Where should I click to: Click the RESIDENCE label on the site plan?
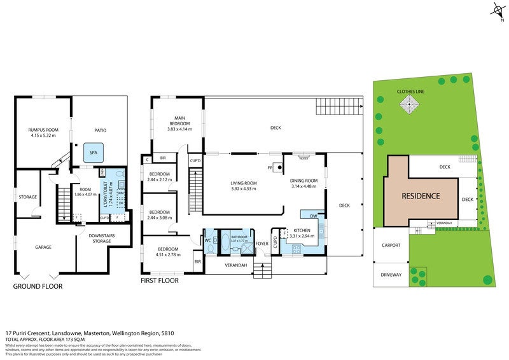[420, 195]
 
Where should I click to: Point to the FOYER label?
[262, 243]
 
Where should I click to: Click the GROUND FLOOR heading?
[38, 287]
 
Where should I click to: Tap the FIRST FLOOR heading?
[159, 280]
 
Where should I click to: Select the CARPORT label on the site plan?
[391, 244]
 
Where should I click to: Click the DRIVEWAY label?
[391, 274]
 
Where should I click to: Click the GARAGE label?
[43, 247]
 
